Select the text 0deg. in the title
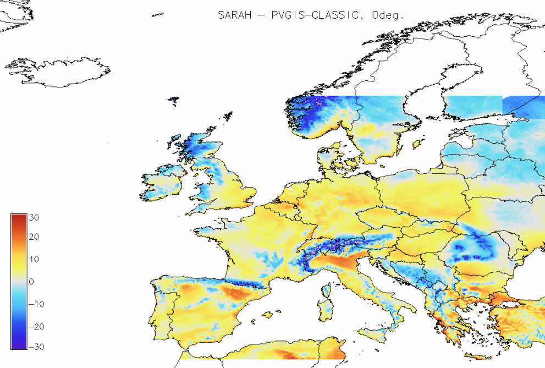388,15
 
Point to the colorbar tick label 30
34,217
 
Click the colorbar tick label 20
34,238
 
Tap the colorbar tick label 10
34,259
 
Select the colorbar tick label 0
31,282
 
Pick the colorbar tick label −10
32,304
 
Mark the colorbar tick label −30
32,347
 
